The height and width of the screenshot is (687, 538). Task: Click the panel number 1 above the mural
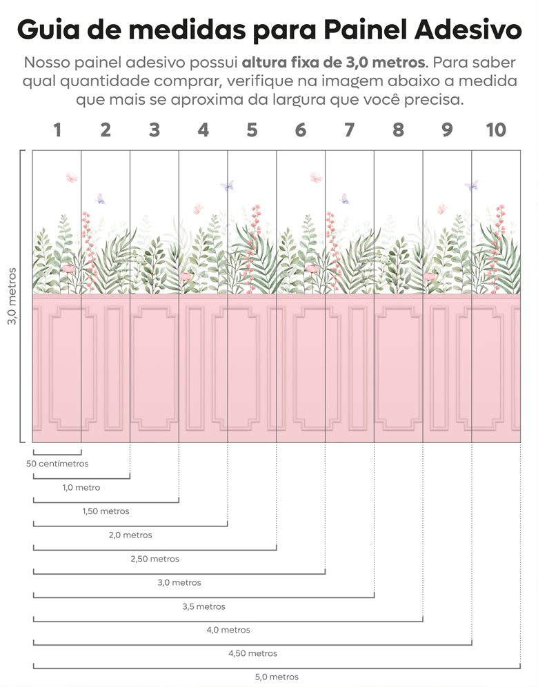click(x=57, y=130)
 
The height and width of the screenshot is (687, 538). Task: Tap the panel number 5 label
click(x=252, y=130)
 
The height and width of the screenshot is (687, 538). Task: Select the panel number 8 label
click(x=398, y=130)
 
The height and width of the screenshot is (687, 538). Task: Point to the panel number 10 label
click(x=495, y=130)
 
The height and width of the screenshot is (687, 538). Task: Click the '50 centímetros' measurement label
click(x=57, y=464)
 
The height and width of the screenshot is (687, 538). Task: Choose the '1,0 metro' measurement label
click(x=81, y=487)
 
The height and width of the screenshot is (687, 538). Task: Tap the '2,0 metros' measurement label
click(x=130, y=535)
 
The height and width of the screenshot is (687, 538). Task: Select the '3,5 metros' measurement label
click(x=203, y=606)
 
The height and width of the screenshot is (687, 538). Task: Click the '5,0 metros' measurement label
click(x=277, y=677)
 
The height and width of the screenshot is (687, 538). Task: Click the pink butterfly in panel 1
click(x=72, y=178)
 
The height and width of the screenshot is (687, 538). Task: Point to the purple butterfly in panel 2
click(x=101, y=198)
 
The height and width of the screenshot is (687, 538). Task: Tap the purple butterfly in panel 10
click(x=472, y=185)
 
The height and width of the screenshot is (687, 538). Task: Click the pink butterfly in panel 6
click(x=316, y=177)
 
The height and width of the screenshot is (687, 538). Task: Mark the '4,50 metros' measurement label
click(x=252, y=653)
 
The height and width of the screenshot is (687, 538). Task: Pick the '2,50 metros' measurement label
click(x=155, y=559)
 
